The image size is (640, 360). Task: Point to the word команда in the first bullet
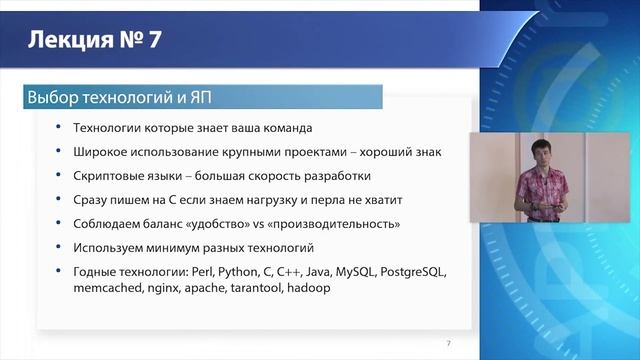click(x=285, y=128)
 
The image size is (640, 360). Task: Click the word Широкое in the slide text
click(x=105, y=152)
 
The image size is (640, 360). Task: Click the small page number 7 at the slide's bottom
click(x=448, y=344)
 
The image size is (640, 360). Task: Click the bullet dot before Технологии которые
click(x=61, y=128)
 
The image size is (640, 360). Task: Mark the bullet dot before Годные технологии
click(x=61, y=271)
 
